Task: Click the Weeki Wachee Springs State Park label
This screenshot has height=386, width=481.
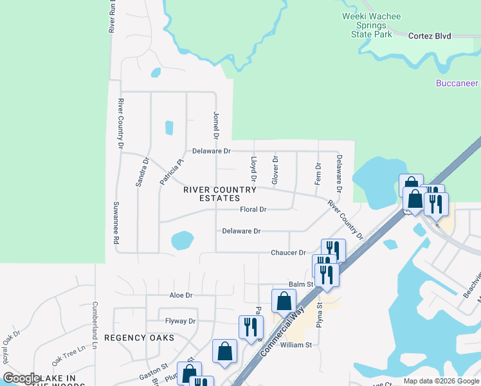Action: [x=372, y=25]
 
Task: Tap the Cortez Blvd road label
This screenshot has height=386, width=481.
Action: [x=430, y=36]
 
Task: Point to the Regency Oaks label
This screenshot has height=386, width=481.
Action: [x=140, y=337]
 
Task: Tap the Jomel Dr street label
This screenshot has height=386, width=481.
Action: [x=216, y=125]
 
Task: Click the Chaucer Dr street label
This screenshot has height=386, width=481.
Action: [x=288, y=253]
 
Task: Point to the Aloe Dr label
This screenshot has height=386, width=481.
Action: [x=181, y=295]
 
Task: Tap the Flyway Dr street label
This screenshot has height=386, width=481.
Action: [x=180, y=321]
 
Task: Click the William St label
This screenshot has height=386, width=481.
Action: [x=296, y=345]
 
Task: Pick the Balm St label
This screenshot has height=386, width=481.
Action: [x=300, y=284]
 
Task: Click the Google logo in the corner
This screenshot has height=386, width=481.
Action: [x=22, y=378]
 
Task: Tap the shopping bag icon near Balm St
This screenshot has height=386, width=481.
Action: [x=284, y=301]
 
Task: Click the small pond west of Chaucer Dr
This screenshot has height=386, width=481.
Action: [x=182, y=241]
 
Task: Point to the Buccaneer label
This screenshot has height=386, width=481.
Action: [x=457, y=84]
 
